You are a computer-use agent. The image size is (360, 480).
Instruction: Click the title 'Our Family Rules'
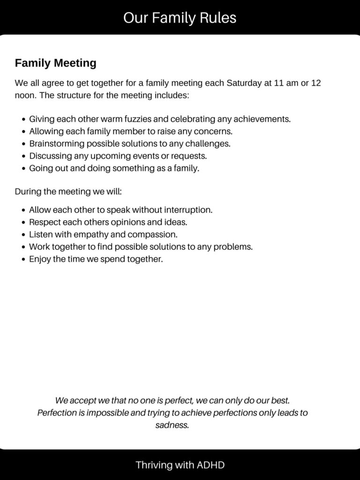180,18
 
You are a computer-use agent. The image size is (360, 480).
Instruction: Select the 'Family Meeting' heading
55,63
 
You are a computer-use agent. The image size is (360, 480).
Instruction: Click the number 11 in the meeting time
278,83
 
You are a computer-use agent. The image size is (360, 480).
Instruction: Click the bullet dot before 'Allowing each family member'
23,132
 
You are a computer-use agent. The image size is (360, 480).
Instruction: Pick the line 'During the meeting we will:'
68,192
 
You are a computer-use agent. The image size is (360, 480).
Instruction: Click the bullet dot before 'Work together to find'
23,247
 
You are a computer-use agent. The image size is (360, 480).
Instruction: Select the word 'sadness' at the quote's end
172,426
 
